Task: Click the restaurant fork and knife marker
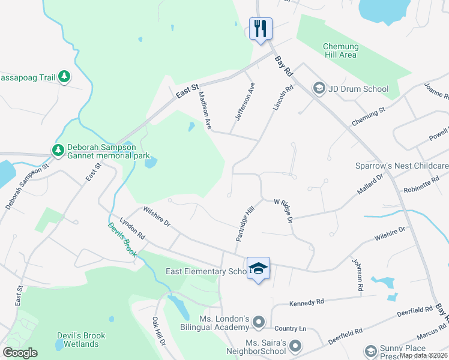point(261,28)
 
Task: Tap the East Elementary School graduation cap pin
point(259,268)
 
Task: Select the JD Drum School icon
point(318,89)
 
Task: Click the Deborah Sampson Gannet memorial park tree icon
point(58,150)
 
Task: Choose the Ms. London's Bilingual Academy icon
point(259,323)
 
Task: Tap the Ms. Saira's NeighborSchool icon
point(295,345)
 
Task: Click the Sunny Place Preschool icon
point(370,350)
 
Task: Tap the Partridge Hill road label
point(245,223)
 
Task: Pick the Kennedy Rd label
point(307,302)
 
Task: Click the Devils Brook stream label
point(122,240)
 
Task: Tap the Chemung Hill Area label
point(340,50)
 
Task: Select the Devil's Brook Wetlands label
point(80,340)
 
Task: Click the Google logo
point(20,353)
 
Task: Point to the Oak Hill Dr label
point(158,331)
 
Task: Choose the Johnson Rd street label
point(358,275)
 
